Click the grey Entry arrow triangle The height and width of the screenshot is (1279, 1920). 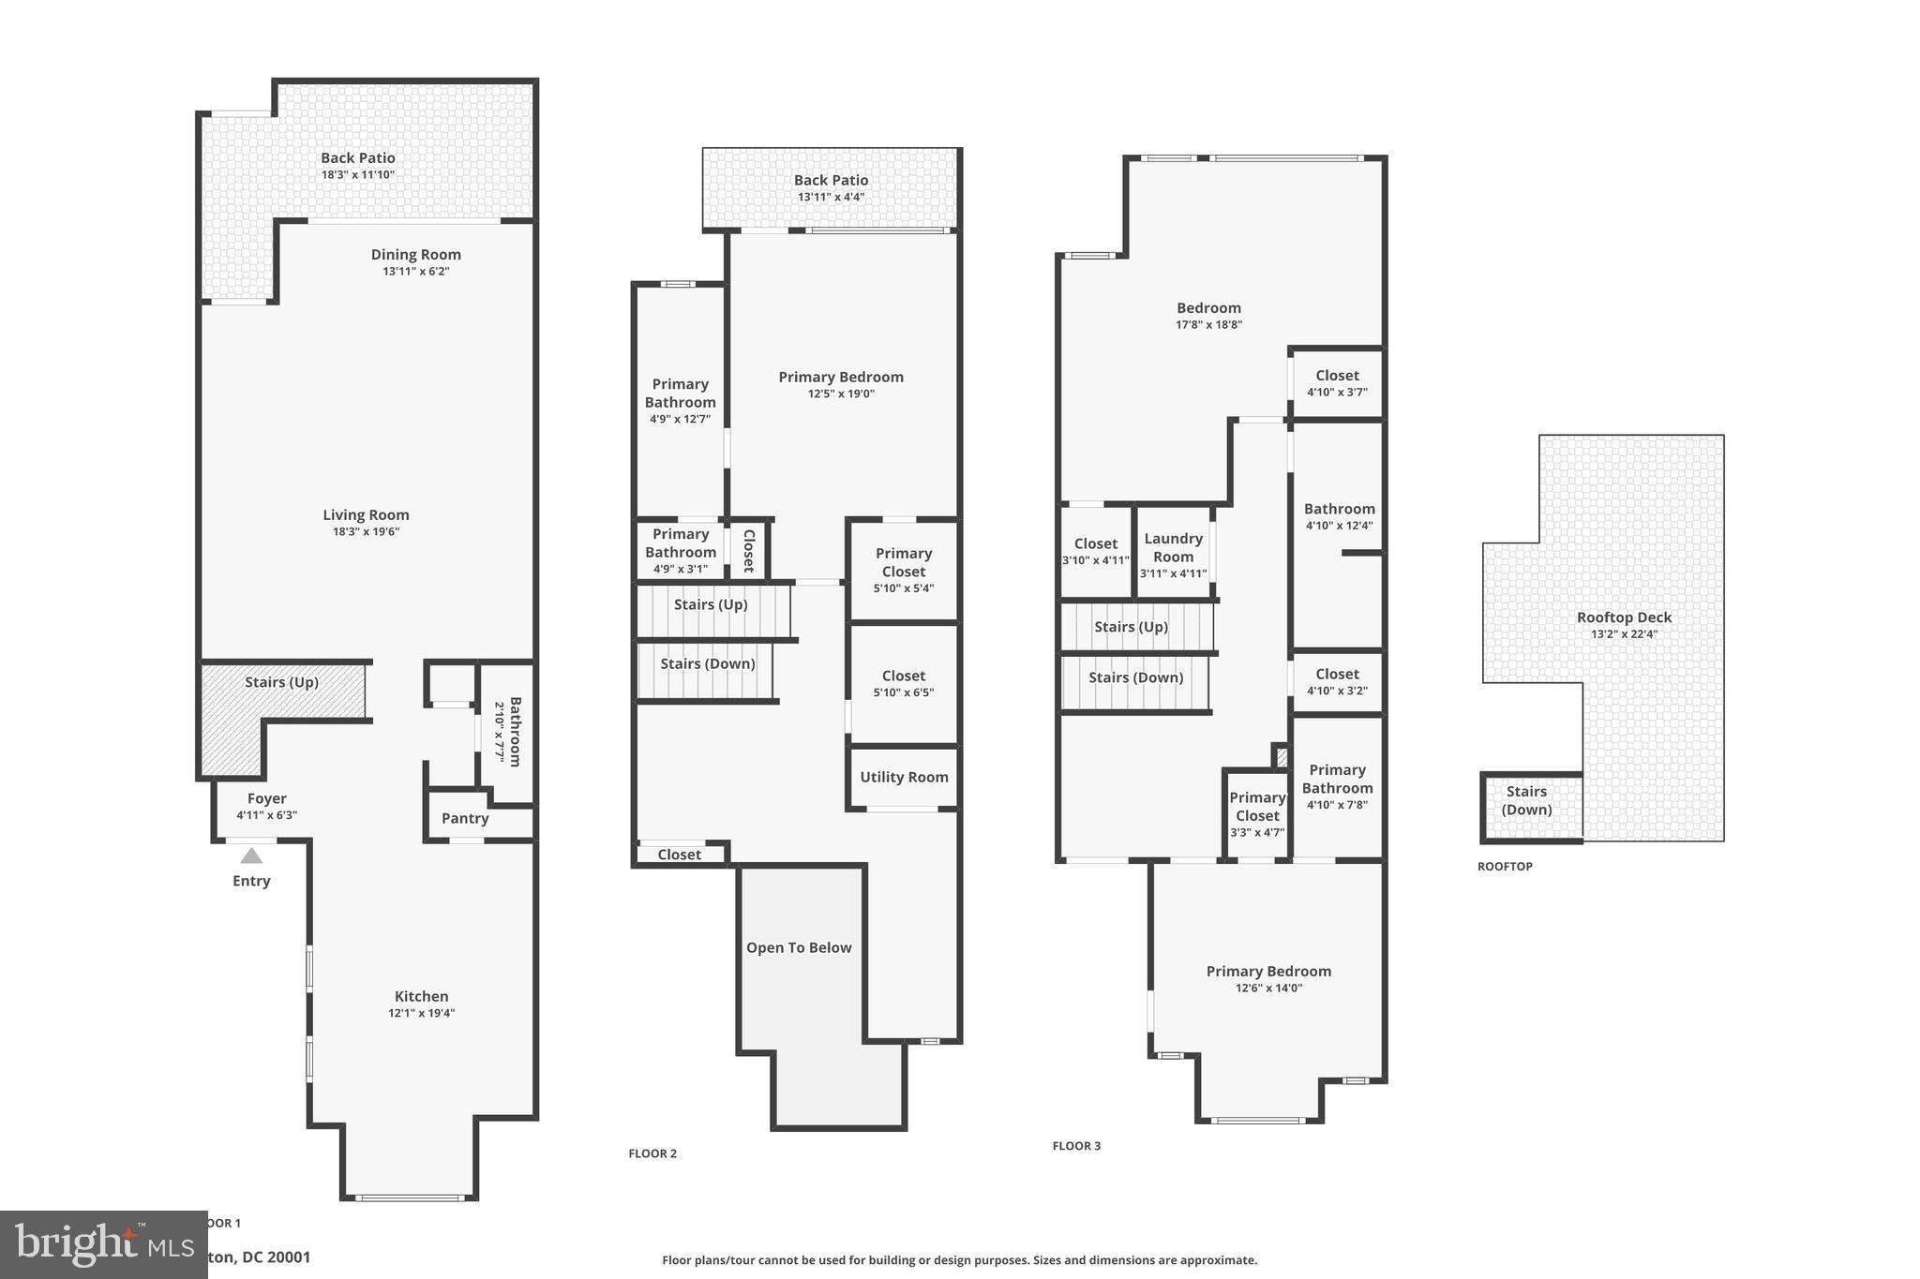coord(251,855)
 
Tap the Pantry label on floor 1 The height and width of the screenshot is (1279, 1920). coord(465,818)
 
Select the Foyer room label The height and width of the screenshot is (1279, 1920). coord(266,798)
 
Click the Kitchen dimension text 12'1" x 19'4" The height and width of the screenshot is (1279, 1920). coord(421,1013)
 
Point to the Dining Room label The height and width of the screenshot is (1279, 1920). coord(415,254)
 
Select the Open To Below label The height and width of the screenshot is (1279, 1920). coord(799,947)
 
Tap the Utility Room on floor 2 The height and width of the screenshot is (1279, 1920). coord(904,777)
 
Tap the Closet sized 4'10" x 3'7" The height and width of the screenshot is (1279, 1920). coord(1337,382)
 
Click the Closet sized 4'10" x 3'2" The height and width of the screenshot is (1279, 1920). coord(1337,681)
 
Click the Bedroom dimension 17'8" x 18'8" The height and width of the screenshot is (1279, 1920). coord(1208,325)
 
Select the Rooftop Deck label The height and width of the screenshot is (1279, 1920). coord(1624,617)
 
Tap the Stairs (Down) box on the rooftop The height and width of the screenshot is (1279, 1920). coord(1526,801)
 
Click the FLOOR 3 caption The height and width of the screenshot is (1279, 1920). coord(1076,1146)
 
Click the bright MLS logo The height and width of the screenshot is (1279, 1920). coord(90,1243)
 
